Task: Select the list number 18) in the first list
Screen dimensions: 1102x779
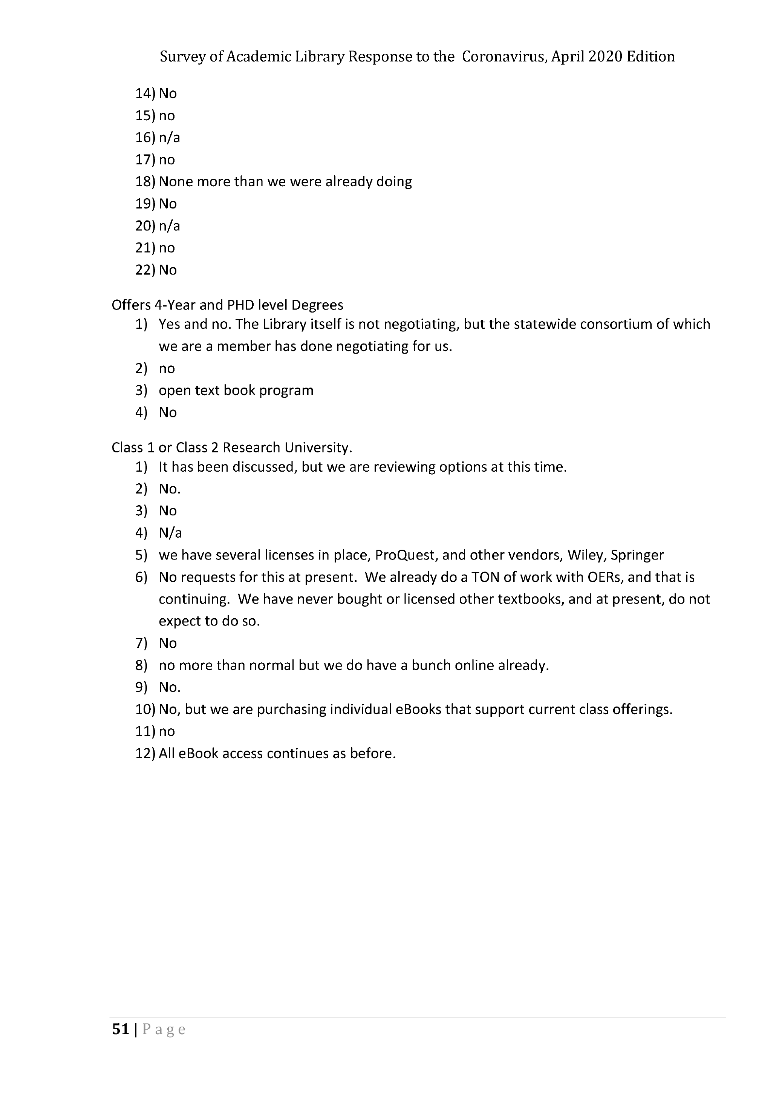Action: coord(145,182)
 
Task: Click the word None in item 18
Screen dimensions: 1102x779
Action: coord(176,182)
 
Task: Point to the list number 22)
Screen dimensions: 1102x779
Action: coord(145,270)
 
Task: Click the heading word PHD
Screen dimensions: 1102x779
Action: coord(240,305)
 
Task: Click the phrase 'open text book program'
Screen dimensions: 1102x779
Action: coord(236,391)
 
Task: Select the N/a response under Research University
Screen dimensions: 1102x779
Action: coord(170,533)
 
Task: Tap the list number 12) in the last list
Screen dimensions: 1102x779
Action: coord(145,754)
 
